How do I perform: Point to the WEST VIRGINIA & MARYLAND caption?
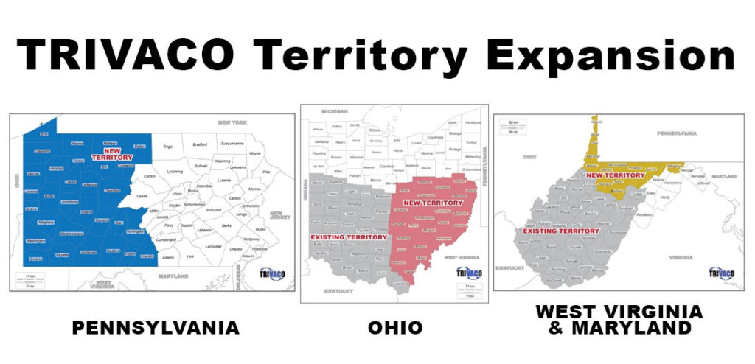(x=619, y=319)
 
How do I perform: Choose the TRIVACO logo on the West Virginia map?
(x=721, y=273)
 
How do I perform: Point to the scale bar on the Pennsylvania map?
(x=32, y=280)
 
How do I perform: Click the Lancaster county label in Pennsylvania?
(x=214, y=245)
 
